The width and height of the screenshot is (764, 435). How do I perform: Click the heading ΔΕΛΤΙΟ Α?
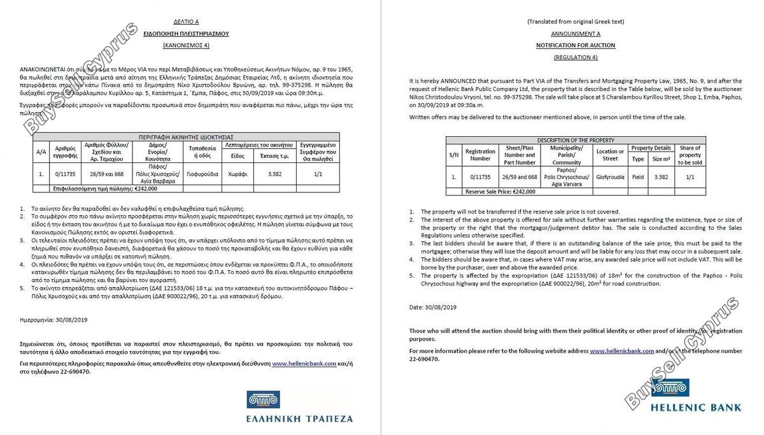click(186, 22)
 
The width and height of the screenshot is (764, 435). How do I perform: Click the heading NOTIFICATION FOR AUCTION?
click(575, 46)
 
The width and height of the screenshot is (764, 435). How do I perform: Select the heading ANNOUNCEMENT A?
click(575, 34)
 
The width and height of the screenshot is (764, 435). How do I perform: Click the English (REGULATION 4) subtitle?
click(575, 57)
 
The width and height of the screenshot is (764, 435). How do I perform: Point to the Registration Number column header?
click(480, 155)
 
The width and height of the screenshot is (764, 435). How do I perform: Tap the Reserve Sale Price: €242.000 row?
click(500, 191)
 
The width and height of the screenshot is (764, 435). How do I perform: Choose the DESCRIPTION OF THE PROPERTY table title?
click(575, 140)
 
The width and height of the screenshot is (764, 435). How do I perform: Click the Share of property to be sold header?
click(690, 155)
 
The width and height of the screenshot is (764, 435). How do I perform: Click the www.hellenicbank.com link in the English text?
click(621, 351)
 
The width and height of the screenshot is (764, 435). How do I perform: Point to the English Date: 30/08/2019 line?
click(432, 307)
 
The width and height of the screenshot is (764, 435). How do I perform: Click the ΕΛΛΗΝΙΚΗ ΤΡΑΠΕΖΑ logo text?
click(299, 418)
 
